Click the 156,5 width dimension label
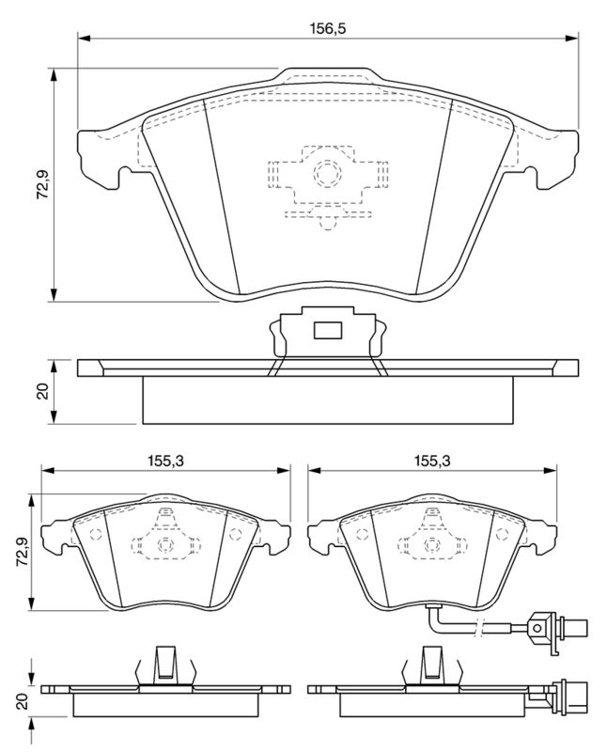(328, 28)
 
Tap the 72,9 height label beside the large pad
(44, 185)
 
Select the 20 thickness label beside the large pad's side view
(43, 391)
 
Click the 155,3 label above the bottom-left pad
(166, 461)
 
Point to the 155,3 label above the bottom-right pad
(432, 461)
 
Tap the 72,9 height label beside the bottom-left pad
(22, 552)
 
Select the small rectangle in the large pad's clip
(327, 330)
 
